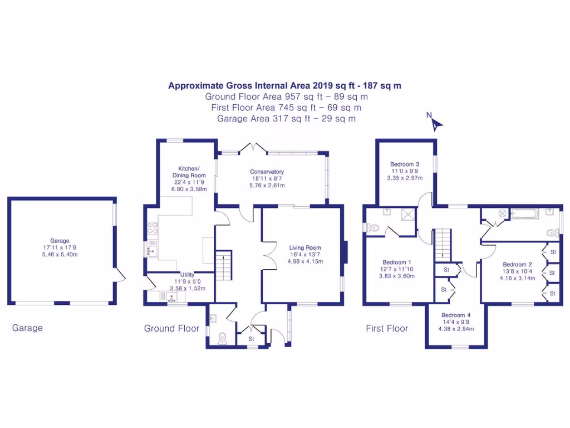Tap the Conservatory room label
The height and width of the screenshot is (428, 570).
(x=267, y=172)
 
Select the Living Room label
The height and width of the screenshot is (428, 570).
(x=305, y=247)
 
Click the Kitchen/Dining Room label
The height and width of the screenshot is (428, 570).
(x=189, y=172)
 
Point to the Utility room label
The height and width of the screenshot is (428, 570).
(x=187, y=275)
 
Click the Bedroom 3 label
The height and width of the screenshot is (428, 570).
(x=405, y=164)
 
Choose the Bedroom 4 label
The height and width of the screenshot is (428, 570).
(x=456, y=315)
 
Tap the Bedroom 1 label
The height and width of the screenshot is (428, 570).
(x=396, y=262)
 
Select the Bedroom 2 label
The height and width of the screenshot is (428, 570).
(x=517, y=265)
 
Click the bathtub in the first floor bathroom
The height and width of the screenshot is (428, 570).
(x=524, y=213)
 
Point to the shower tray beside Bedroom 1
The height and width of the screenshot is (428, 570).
(x=408, y=214)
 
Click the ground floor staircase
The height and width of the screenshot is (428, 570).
(x=224, y=265)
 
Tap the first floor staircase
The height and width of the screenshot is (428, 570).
(x=443, y=245)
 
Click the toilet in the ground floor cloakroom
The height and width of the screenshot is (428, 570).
(x=223, y=338)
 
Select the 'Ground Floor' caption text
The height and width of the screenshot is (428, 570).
(x=171, y=329)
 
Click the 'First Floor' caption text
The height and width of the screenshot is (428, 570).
(x=387, y=329)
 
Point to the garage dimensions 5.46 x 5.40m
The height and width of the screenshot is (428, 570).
(x=60, y=254)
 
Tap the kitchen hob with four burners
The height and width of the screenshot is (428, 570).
(x=153, y=228)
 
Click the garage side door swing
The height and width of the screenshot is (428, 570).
(x=120, y=275)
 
